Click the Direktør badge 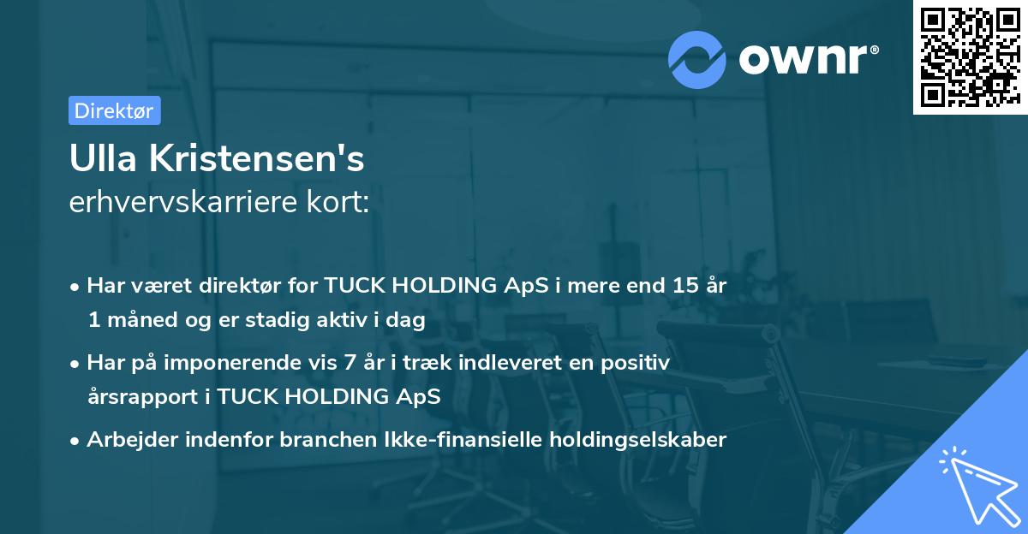(114, 110)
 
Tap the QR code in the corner (969, 57)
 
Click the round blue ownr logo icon (698, 59)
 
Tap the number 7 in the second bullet (349, 363)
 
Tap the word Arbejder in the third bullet (128, 440)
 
